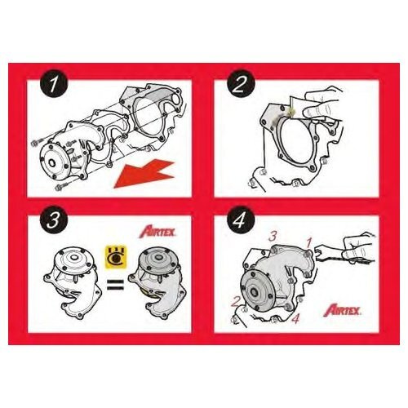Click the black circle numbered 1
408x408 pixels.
tap(54, 84)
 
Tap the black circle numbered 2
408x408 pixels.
tap(240, 84)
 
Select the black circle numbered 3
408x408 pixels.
tap(54, 220)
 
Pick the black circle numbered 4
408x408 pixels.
tap(240, 220)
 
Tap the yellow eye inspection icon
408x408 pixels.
tap(116, 255)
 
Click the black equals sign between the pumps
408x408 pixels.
tap(116, 284)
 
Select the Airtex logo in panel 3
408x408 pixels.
tap(157, 233)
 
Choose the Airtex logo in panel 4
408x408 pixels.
tap(343, 311)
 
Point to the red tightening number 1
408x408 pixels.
tap(308, 242)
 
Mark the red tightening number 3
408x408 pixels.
tap(273, 237)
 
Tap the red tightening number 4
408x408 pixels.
tap(295, 318)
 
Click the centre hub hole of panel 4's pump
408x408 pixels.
tap(255, 293)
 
